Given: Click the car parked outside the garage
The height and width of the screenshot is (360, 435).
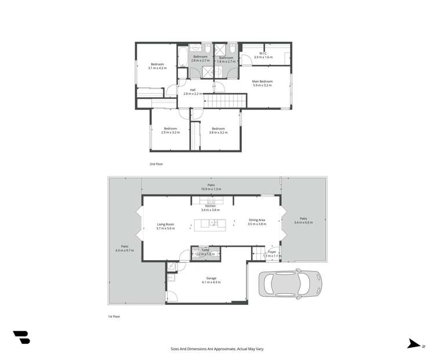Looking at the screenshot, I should [x=290, y=284].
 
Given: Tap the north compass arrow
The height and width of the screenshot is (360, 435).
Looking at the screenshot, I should [x=414, y=344].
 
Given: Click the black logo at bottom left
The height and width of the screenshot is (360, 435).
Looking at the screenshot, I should [x=21, y=337].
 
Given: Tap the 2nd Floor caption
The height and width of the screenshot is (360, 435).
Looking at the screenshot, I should [x=156, y=164].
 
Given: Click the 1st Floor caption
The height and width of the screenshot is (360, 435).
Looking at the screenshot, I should [x=114, y=316].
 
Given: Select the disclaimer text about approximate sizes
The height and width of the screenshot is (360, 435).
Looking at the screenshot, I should [x=217, y=349].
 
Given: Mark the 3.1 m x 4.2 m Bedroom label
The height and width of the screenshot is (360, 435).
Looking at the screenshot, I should [x=157, y=66].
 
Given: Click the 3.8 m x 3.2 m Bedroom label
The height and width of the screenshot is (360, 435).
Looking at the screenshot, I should [x=218, y=130].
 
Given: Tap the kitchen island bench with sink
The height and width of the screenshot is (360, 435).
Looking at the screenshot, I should [x=210, y=224].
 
